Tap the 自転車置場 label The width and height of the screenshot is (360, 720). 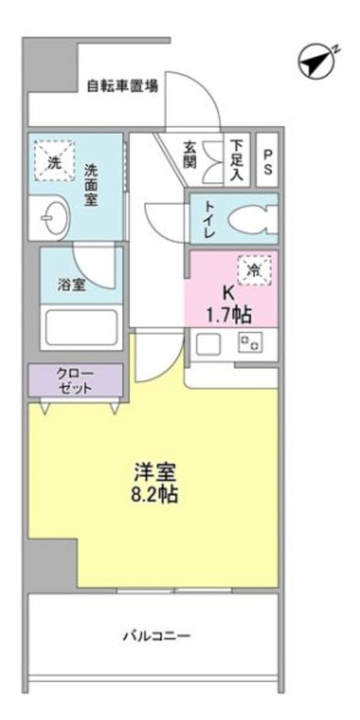[122, 86]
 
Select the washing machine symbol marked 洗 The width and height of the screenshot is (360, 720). [55, 160]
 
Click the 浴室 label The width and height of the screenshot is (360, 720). [71, 284]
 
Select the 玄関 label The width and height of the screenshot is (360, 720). [190, 155]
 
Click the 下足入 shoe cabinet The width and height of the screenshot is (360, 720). [238, 160]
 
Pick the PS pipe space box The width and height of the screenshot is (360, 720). [268, 160]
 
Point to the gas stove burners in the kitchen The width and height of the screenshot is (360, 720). [250, 343]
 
